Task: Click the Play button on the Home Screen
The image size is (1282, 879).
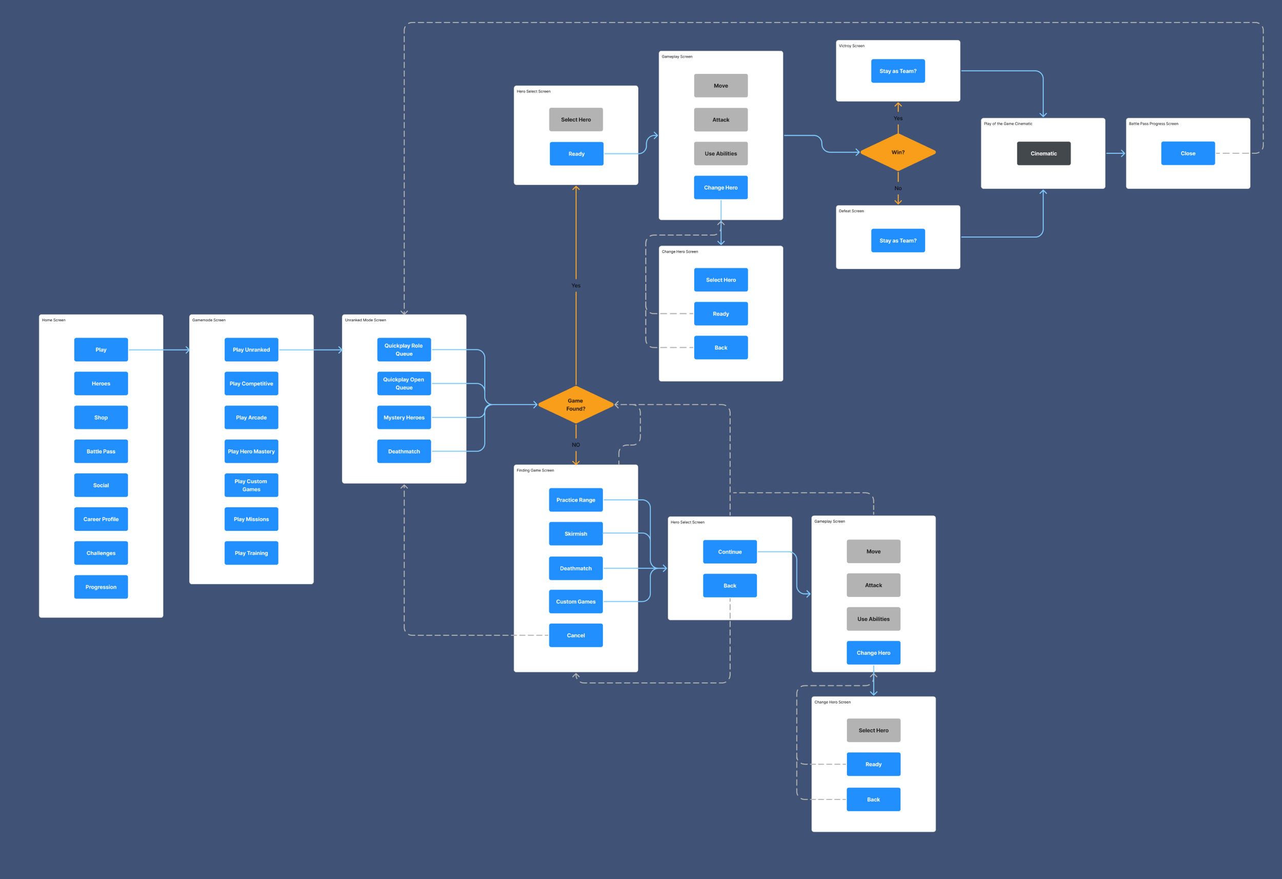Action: coord(101,349)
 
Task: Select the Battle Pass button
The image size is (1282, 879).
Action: coord(101,451)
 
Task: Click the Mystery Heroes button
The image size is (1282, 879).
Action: coord(404,417)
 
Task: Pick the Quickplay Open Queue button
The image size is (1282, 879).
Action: coord(404,384)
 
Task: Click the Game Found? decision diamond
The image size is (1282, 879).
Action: coord(575,405)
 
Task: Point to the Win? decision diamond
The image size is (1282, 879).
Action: coord(897,152)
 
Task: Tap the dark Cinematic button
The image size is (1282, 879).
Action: coord(1043,153)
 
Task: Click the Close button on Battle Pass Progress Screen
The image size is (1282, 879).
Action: coord(1188,153)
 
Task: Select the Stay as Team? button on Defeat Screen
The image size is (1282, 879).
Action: coord(897,241)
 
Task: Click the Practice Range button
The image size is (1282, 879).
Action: coord(575,500)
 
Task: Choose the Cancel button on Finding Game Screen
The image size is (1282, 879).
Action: coord(575,635)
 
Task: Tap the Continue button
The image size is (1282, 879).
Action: coord(729,552)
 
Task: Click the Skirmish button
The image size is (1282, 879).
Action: coord(575,533)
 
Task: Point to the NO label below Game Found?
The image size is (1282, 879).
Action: coord(575,445)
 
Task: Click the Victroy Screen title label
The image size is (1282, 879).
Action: coord(851,46)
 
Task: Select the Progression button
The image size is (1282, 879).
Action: coord(101,587)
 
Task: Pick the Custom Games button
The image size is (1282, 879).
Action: coord(575,602)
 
